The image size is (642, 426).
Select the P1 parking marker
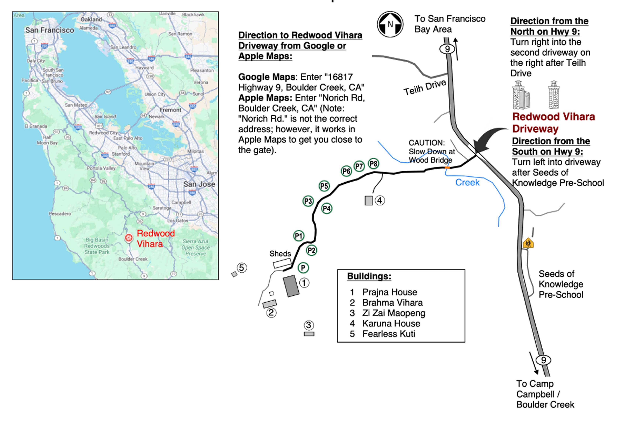click(x=299, y=236)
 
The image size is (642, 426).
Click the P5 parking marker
click(x=324, y=186)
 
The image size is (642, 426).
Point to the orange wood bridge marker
click(x=447, y=168)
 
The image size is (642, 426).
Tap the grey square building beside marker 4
click(x=368, y=201)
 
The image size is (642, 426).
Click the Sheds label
click(x=280, y=253)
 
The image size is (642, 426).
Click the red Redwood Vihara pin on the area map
click(x=128, y=238)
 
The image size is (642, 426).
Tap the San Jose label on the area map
click(x=199, y=184)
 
